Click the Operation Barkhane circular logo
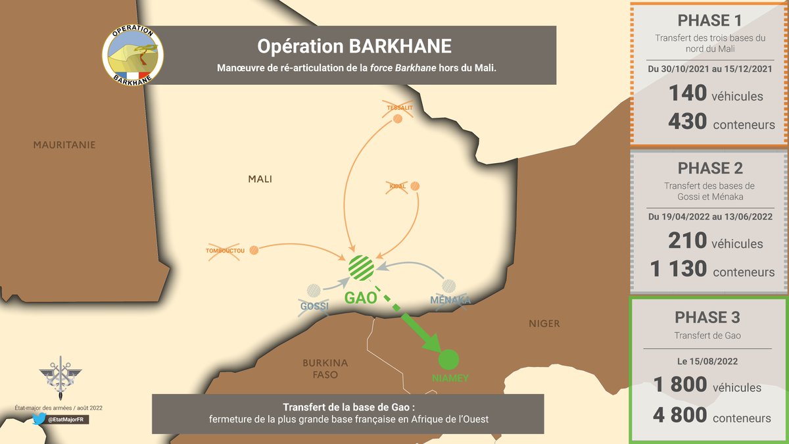point(133,55)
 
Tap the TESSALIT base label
point(399,107)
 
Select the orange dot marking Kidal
point(416,187)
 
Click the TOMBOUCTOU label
point(225,251)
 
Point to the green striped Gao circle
point(361,266)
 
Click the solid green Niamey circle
point(448,359)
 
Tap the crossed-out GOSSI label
point(314,307)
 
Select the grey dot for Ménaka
point(449,286)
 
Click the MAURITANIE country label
point(64,145)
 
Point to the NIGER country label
point(544,324)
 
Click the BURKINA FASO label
point(325,369)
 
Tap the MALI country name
point(260,179)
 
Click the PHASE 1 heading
point(709,20)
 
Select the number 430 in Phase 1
point(687,122)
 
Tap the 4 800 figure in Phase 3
point(680,415)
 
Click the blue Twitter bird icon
point(38,419)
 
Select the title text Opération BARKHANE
point(354,46)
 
